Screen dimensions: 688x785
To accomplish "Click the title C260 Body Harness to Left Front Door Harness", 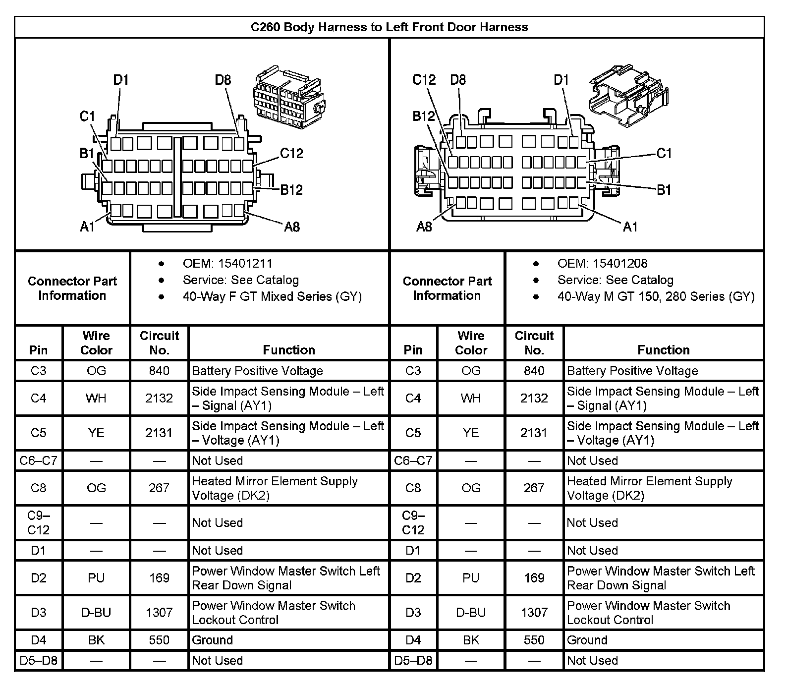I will (x=389, y=27).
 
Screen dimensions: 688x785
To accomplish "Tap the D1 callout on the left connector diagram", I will (x=121, y=80).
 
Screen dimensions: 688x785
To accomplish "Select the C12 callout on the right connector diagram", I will (x=424, y=80).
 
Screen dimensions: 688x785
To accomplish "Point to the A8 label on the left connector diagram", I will (x=292, y=227).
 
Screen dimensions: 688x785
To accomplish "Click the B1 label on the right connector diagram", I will (x=664, y=189).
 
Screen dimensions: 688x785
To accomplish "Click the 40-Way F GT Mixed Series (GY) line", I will (x=272, y=296).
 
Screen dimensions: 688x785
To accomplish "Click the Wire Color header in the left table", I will (x=96, y=343).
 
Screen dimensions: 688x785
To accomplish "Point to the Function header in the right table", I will (x=664, y=350).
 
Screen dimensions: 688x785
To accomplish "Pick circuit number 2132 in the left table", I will (x=159, y=398).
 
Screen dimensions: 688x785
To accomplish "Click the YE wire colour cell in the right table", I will (x=471, y=433).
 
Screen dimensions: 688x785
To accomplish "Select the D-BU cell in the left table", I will (x=96, y=613).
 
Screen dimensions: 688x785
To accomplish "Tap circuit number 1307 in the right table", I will (x=534, y=613).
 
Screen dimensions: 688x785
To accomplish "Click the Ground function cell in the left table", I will (x=212, y=640).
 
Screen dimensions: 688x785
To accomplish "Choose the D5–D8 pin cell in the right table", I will (x=413, y=660).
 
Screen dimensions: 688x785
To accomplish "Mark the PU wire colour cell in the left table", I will (x=96, y=578).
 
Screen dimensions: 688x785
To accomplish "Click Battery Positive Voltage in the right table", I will (x=632, y=371).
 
